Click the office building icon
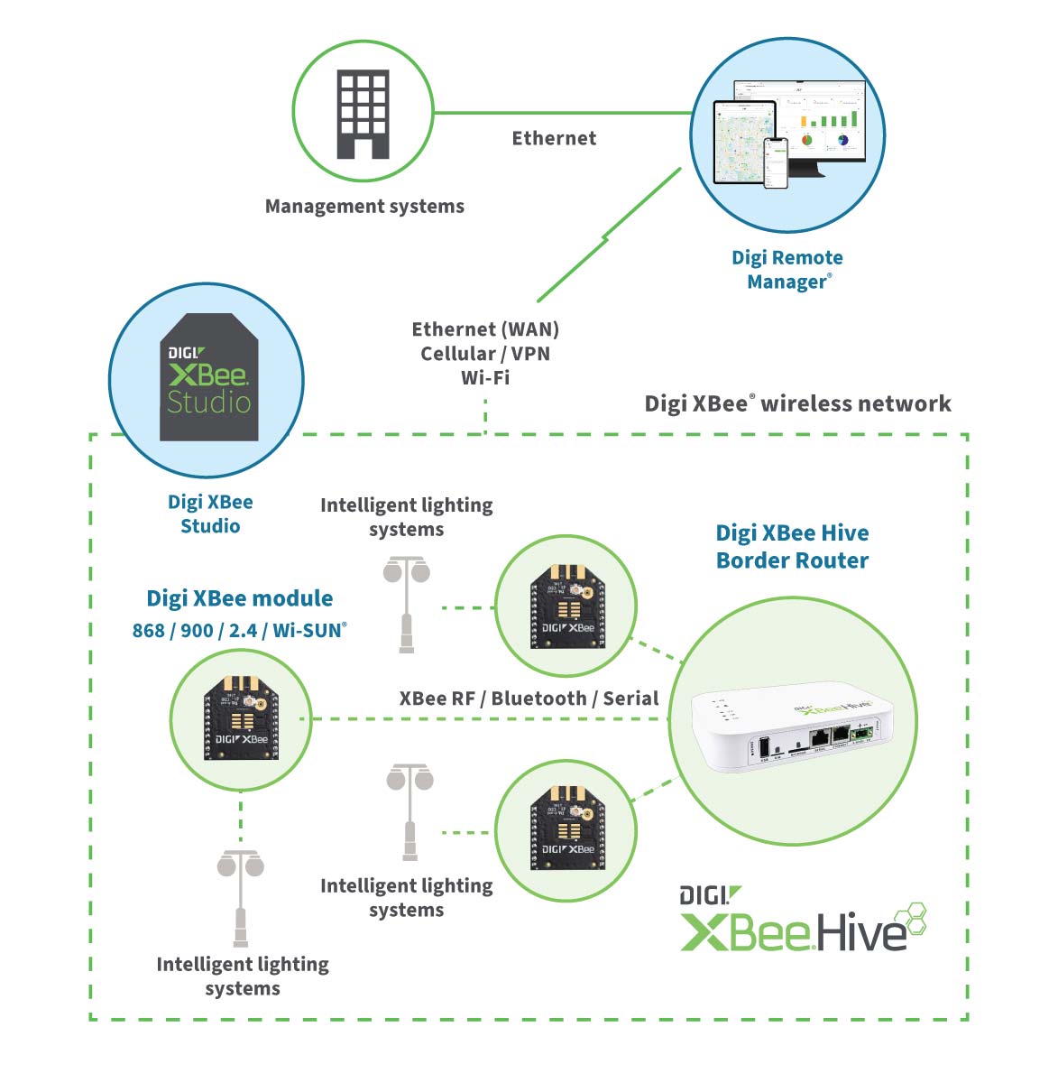(363, 115)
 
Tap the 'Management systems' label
(364, 207)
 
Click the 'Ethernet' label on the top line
(554, 138)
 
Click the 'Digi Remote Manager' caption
(787, 270)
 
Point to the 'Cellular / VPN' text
(485, 354)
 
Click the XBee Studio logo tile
(209, 378)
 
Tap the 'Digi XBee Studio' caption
(210, 514)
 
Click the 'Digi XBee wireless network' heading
(797, 403)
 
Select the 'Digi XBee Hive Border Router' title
(792, 547)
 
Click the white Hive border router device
(792, 729)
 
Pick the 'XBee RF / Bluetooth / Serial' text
(529, 699)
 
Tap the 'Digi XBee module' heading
(239, 598)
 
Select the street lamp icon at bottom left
(241, 897)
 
